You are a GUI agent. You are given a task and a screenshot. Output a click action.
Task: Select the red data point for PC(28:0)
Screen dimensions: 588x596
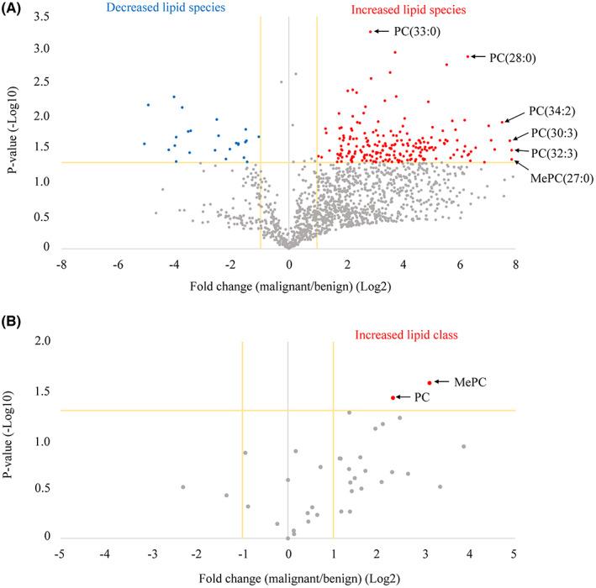click(467, 56)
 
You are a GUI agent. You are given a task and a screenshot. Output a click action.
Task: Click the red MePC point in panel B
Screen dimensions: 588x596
click(430, 383)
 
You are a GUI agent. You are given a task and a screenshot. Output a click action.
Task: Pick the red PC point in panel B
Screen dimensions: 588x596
click(393, 397)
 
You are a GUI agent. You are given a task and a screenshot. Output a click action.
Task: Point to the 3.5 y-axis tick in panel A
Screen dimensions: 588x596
click(41, 18)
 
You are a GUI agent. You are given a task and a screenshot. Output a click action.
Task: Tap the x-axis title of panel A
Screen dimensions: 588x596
click(288, 282)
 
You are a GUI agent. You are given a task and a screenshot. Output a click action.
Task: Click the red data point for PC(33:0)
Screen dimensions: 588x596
click(371, 32)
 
